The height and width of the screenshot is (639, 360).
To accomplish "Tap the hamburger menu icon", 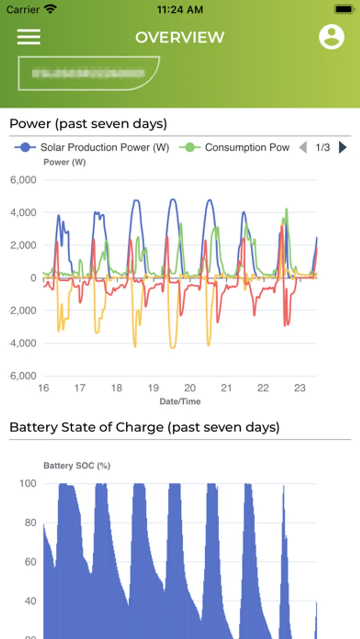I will tap(28, 37).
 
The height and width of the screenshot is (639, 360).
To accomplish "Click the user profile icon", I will tap(331, 37).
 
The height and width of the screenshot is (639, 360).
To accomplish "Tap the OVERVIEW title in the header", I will tap(180, 37).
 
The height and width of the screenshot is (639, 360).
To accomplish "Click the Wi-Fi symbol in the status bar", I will tap(50, 9).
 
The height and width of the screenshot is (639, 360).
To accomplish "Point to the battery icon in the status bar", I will tap(344, 9).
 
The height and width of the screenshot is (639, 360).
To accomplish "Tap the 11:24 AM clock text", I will tap(180, 10).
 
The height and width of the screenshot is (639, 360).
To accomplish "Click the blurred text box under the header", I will tap(89, 73).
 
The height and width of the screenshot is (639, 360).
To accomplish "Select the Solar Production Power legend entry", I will tap(104, 148).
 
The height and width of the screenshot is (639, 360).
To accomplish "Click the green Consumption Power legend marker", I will tap(190, 148).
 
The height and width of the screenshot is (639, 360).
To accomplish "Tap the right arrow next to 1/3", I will tap(342, 148).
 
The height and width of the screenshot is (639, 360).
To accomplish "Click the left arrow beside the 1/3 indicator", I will tap(303, 148).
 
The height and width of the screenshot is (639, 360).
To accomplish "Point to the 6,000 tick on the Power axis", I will tap(23, 180).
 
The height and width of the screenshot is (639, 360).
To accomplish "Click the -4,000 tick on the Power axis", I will tap(23, 343).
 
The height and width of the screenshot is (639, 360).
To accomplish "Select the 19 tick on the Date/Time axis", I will tap(153, 388).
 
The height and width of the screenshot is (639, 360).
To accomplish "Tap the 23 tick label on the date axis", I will tap(300, 388).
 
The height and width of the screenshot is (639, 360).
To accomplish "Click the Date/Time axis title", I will tap(180, 401).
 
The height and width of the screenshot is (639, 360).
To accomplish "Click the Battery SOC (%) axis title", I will tap(77, 465).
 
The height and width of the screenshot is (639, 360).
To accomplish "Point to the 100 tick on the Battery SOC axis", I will tap(28, 483).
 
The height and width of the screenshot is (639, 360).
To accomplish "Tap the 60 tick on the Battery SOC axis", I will tap(30, 562).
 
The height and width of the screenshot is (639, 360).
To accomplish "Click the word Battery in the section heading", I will tap(34, 427).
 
